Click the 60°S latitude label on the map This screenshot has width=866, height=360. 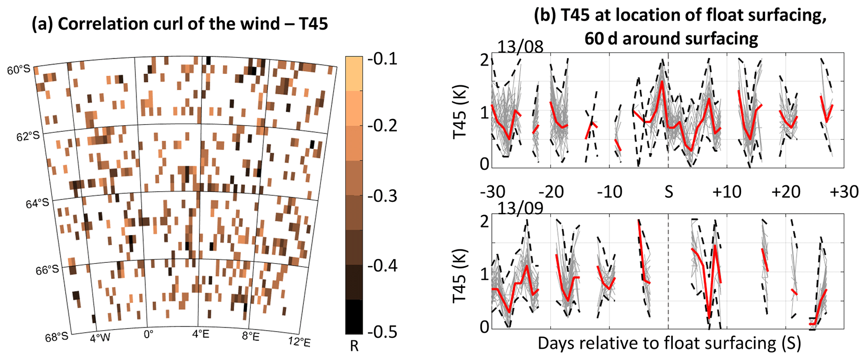tap(19, 70)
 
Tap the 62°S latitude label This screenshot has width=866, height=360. tap(28, 137)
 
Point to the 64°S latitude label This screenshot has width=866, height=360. tap(37, 204)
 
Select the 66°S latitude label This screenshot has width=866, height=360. tap(47, 270)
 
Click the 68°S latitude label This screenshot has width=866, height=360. tap(57, 337)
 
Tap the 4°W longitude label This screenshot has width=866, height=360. tap(100, 337)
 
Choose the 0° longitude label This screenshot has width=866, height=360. tap(148, 334)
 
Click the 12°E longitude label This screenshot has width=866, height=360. tap(299, 342)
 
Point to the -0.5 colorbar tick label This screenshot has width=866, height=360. tap(382, 332)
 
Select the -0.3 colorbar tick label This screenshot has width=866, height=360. tap(382, 196)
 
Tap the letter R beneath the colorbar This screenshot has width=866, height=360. tap(354, 347)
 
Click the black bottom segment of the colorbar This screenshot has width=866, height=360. tap(354, 316)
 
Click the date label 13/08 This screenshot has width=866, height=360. tap(520, 47)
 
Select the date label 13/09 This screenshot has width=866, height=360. tap(520, 208)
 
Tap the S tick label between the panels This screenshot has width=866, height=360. tap(669, 192)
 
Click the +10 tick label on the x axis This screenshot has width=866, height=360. tap(727, 192)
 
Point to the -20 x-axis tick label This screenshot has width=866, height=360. tap(551, 192)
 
